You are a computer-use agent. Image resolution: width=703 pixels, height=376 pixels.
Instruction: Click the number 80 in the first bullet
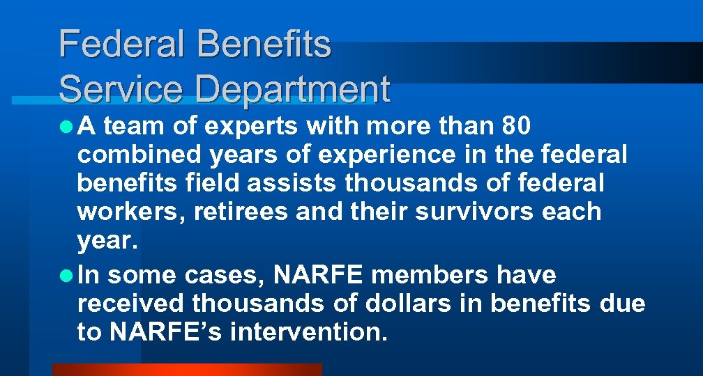pyautogui.click(x=517, y=127)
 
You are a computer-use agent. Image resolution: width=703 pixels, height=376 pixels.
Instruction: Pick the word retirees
pyautogui.click(x=240, y=212)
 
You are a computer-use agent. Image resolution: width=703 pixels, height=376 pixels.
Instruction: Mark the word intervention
pyautogui.click(x=308, y=332)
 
